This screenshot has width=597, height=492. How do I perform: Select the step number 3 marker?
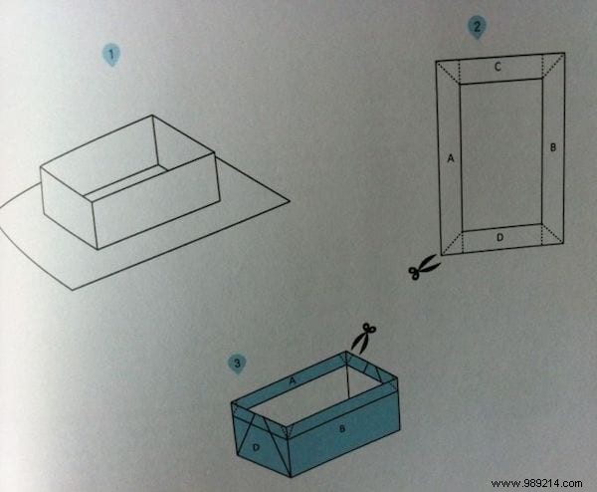[x=236, y=363]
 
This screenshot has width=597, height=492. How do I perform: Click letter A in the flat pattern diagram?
[x=451, y=157]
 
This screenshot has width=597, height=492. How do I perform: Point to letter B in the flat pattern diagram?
[x=552, y=146]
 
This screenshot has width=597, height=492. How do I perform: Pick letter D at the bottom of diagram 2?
[x=500, y=237]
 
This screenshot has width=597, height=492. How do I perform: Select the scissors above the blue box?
[x=363, y=337]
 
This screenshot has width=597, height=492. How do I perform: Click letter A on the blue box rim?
[x=293, y=379]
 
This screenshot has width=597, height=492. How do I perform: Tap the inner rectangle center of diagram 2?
[x=500, y=154]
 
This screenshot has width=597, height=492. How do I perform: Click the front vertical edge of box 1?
[x=95, y=222]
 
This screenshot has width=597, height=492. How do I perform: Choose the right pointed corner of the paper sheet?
[x=288, y=201]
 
